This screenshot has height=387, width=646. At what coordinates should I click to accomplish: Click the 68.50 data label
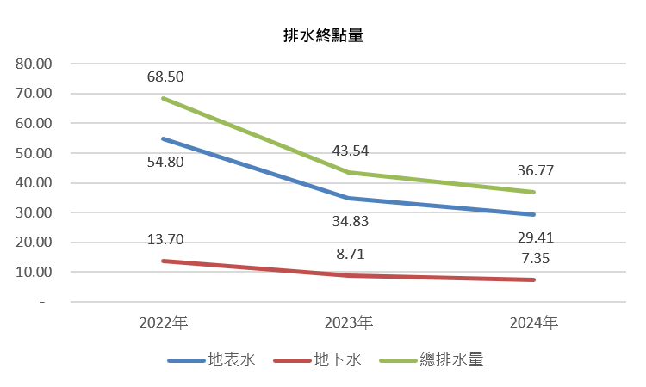click(x=165, y=77)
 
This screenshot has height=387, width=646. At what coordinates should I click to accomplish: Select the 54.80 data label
click(x=165, y=162)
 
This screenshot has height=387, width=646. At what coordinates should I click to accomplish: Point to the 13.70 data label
click(x=165, y=239)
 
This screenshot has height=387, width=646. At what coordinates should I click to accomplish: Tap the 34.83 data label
click(x=350, y=222)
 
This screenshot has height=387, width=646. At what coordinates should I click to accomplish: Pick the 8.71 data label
click(x=350, y=254)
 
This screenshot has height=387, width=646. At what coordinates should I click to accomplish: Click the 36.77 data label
click(x=535, y=170)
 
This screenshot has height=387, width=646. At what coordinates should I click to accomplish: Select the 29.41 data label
click(x=535, y=237)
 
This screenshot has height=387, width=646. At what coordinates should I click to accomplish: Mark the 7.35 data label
click(x=535, y=258)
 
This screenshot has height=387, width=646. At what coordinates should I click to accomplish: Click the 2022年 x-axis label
click(x=164, y=323)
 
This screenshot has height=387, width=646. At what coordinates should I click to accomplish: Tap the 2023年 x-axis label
click(x=349, y=323)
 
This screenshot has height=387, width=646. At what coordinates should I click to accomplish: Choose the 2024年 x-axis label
click(x=534, y=323)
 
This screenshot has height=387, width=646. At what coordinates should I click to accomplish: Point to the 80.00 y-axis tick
click(x=34, y=64)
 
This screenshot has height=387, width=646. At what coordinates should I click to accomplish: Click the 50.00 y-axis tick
click(x=34, y=153)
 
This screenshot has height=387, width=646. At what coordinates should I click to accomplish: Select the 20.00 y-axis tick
click(x=34, y=243)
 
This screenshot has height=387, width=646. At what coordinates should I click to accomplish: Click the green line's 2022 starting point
click(x=162, y=98)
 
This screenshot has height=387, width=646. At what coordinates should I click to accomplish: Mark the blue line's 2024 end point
click(x=534, y=214)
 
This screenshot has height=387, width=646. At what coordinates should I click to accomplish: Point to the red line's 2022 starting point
click(x=162, y=261)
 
